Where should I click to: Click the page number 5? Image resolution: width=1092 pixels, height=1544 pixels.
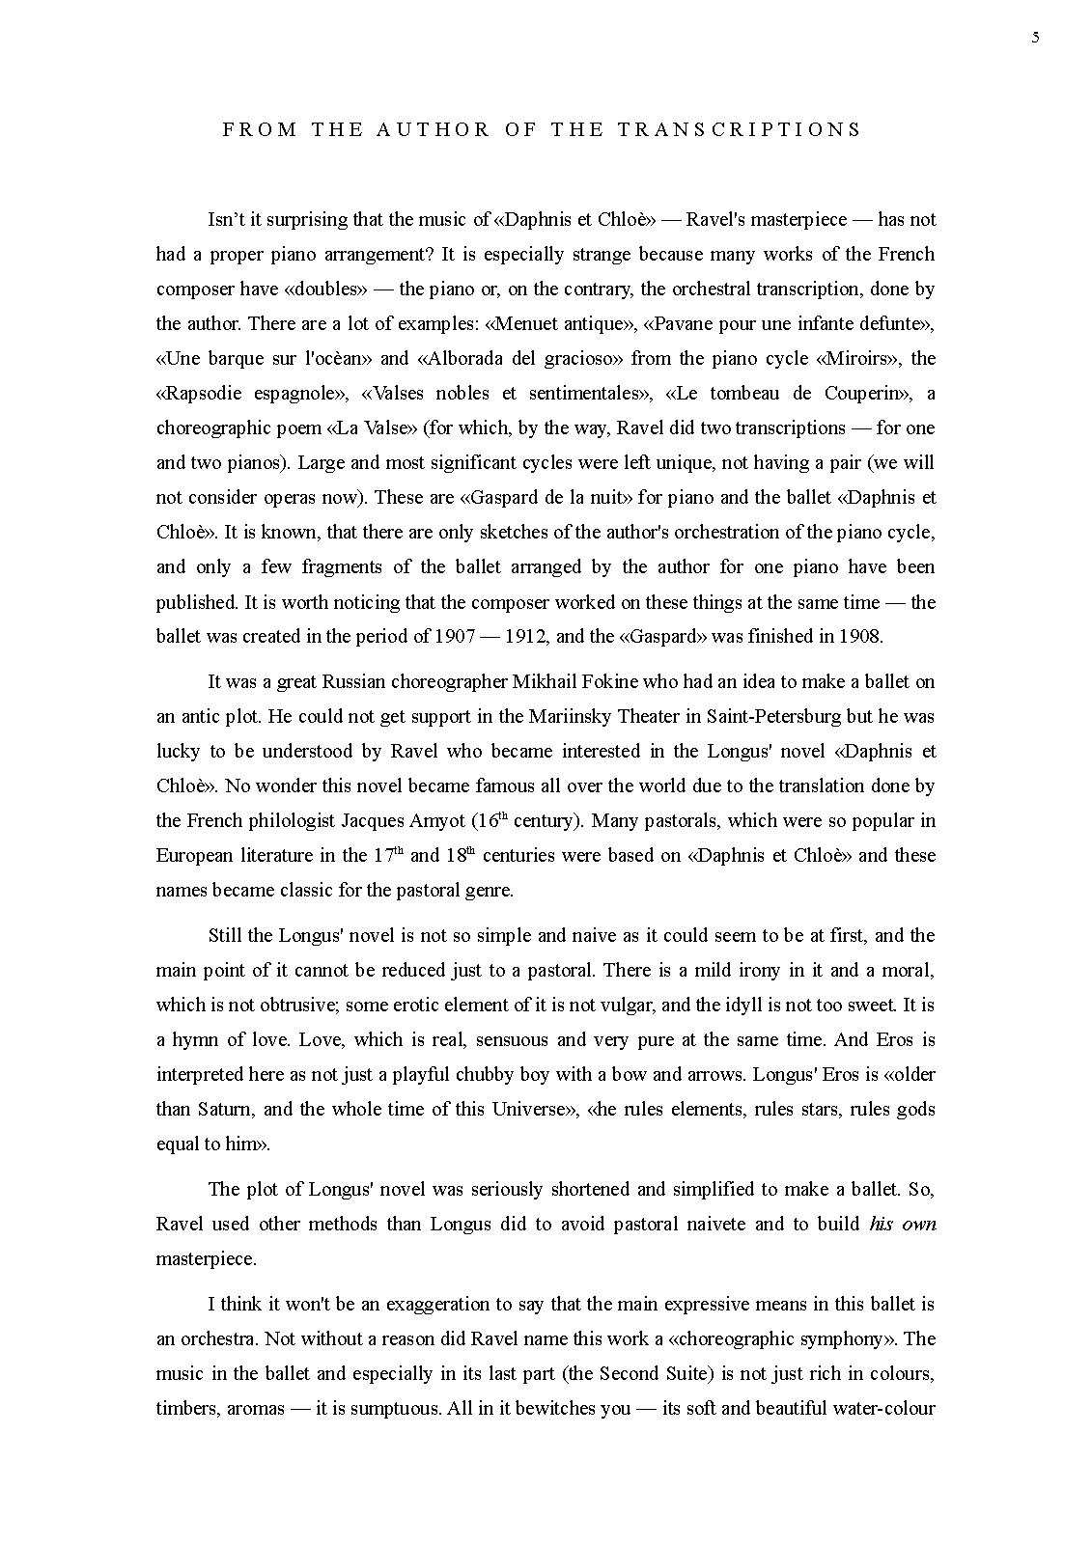[x=1036, y=38]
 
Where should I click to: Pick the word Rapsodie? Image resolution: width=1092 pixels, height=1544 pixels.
[x=202, y=393]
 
